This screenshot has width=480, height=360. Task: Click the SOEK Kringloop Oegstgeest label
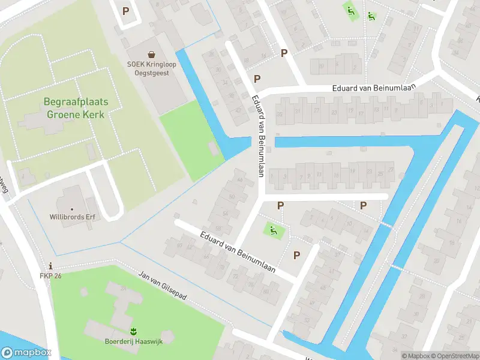(x=148, y=68)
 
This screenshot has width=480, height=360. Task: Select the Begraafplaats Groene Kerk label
(x=76, y=107)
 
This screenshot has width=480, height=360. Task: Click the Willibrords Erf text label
(x=73, y=217)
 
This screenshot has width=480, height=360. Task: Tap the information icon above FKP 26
(x=50, y=266)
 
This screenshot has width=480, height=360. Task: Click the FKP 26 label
(x=50, y=276)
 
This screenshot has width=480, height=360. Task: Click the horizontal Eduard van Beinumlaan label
(x=376, y=88)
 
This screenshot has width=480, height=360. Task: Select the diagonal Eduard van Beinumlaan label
(x=238, y=252)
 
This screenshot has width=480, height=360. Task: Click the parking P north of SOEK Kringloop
(x=125, y=10)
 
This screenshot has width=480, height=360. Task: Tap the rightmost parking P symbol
(x=363, y=205)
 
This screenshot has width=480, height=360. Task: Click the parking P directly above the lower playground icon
(x=280, y=206)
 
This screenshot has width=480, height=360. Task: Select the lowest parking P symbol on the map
(x=296, y=255)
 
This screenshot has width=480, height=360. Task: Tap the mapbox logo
(x=26, y=353)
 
